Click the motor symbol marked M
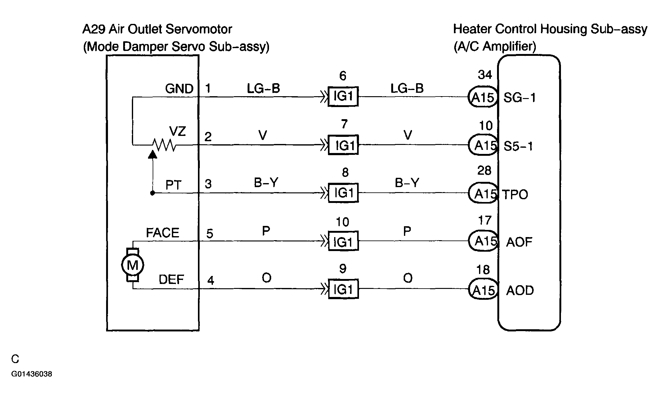(x=132, y=265)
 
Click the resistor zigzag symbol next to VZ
(x=164, y=145)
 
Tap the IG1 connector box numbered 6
(x=343, y=97)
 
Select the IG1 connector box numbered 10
(x=343, y=241)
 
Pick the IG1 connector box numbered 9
(x=343, y=289)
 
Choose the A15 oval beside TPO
(x=483, y=193)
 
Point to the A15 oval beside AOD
(x=483, y=290)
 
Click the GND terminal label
(x=179, y=89)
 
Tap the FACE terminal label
(x=163, y=233)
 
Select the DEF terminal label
(x=171, y=280)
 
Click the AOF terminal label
(x=519, y=242)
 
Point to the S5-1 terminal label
(x=518, y=146)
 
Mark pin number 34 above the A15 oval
(x=485, y=75)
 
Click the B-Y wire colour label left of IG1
(x=266, y=183)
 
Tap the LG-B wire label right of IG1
(x=407, y=88)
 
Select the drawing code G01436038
(x=32, y=374)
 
